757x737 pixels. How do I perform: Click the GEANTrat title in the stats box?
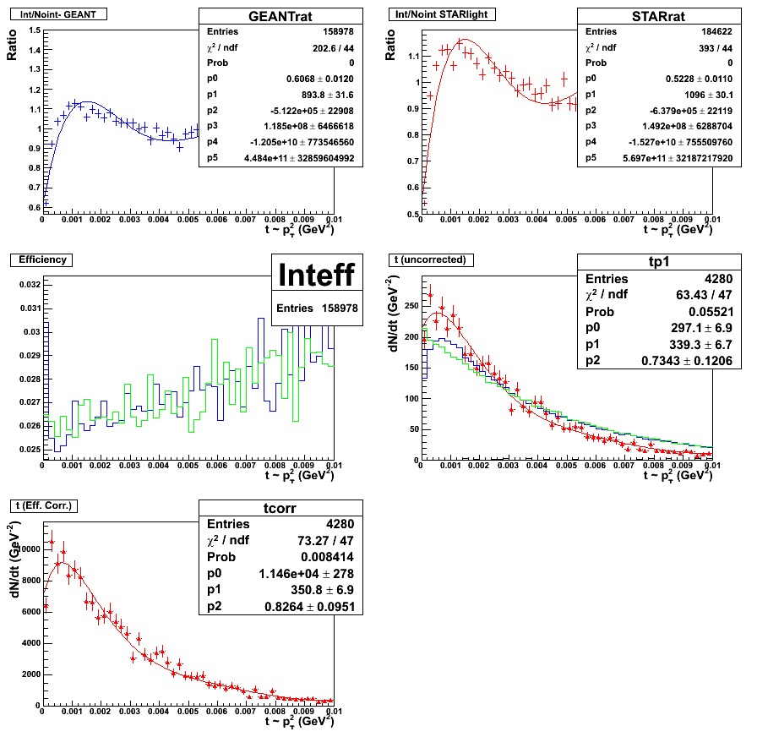coord(280,17)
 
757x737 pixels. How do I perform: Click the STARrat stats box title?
coord(659,17)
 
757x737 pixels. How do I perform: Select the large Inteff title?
coord(317,276)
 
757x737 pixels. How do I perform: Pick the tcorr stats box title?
coord(280,509)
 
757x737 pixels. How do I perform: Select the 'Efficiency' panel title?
coord(42,259)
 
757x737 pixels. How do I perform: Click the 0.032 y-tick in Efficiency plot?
coord(29,285)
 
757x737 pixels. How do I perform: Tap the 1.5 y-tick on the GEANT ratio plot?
coord(32,30)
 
